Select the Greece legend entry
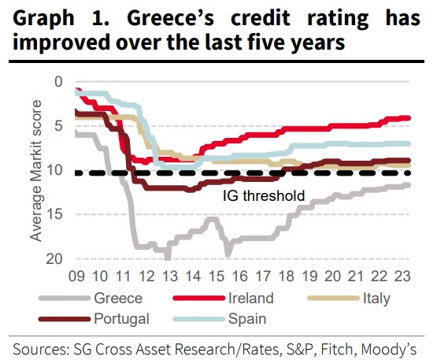[118, 298]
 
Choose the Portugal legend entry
[123, 319]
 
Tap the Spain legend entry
[246, 319]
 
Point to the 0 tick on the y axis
[57, 81]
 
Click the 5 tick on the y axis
[57, 126]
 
